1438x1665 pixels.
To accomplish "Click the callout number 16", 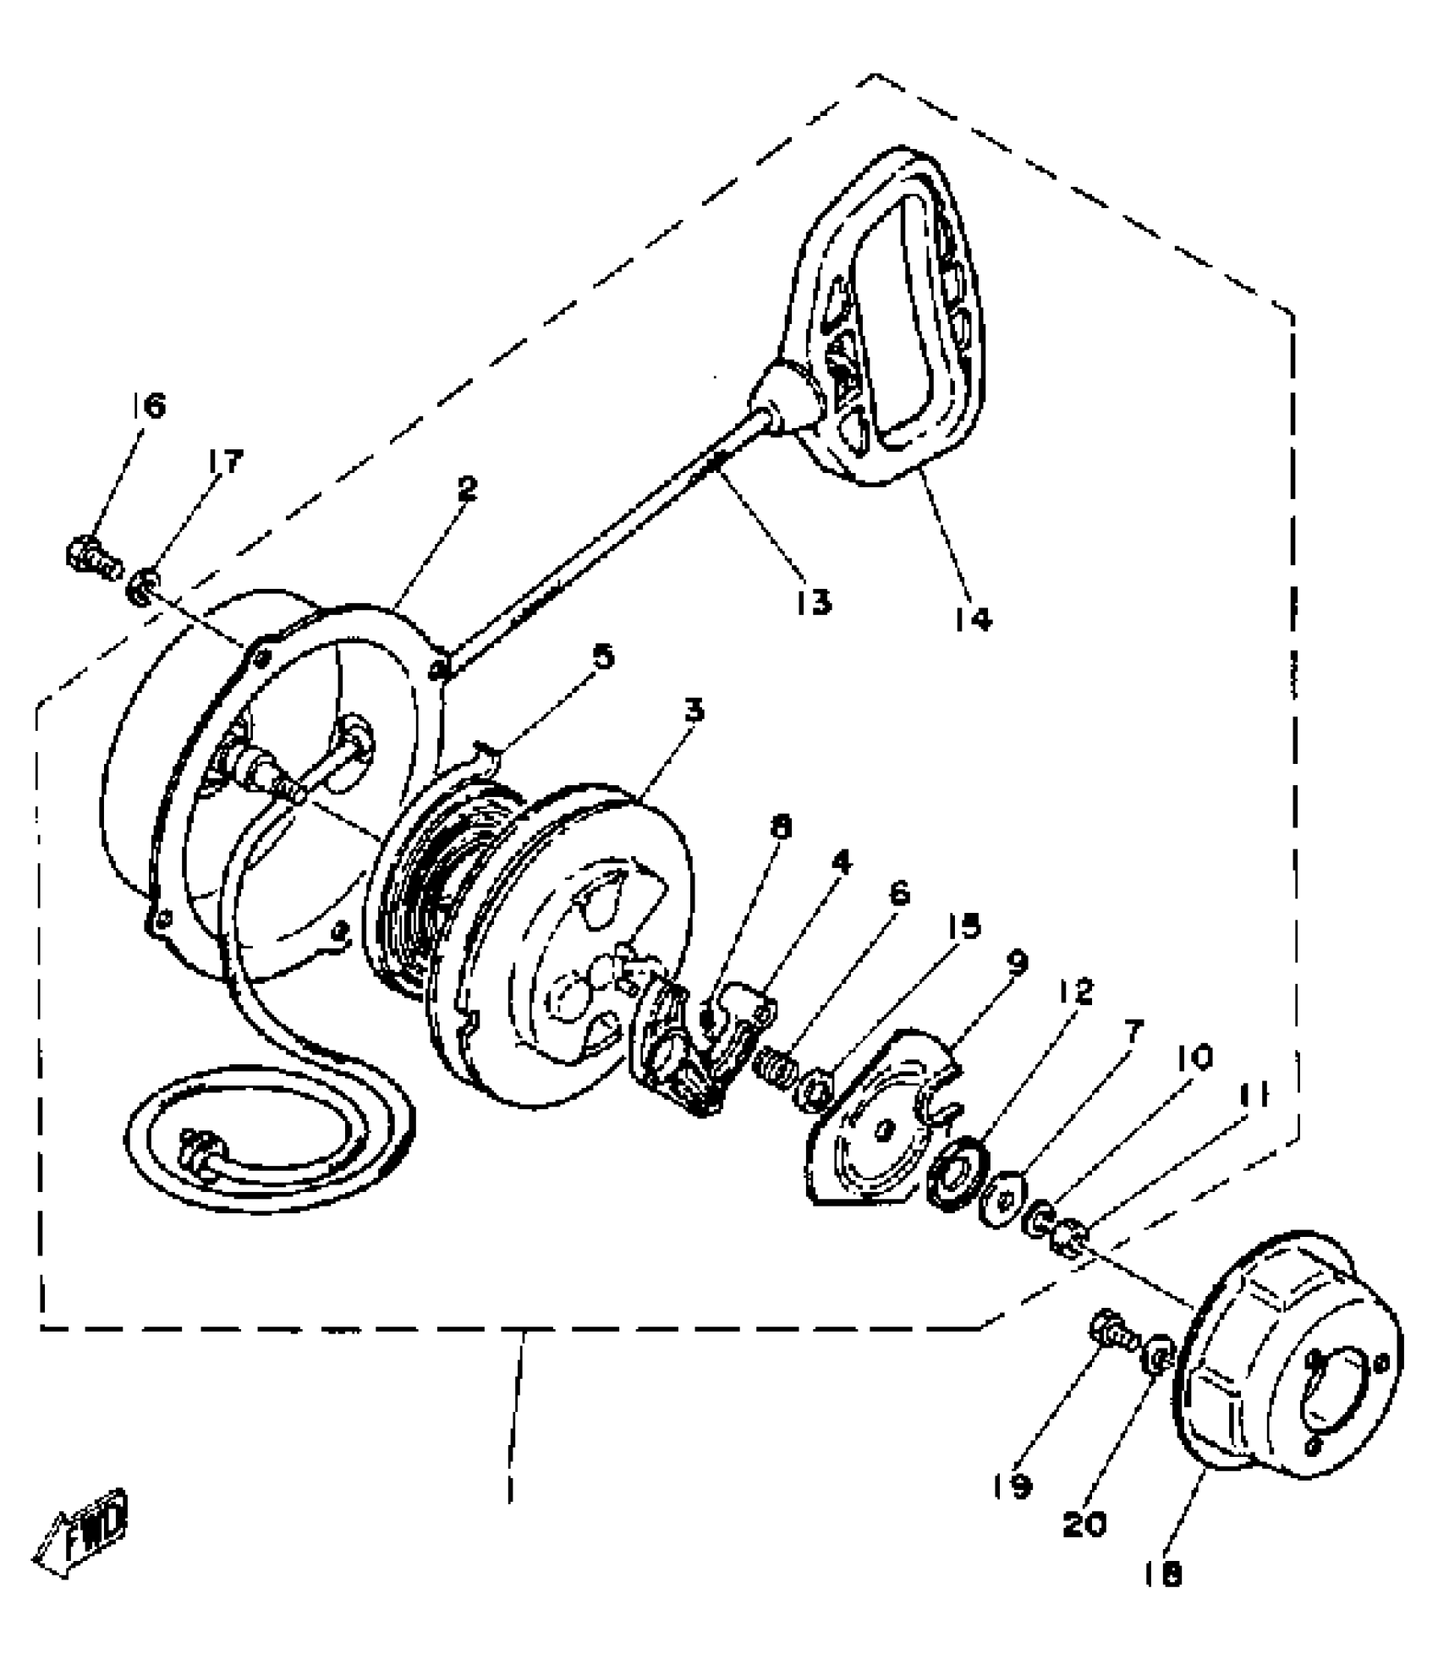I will pos(150,406).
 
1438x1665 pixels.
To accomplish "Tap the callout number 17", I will pos(222,462).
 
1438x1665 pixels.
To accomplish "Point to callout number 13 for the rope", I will pos(813,602).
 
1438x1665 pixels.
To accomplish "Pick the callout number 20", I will pos(1084,1524).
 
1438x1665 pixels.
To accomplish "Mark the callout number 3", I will pos(694,711).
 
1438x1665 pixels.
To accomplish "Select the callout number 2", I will pos(467,487).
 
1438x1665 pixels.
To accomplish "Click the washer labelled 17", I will pos(143,585).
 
